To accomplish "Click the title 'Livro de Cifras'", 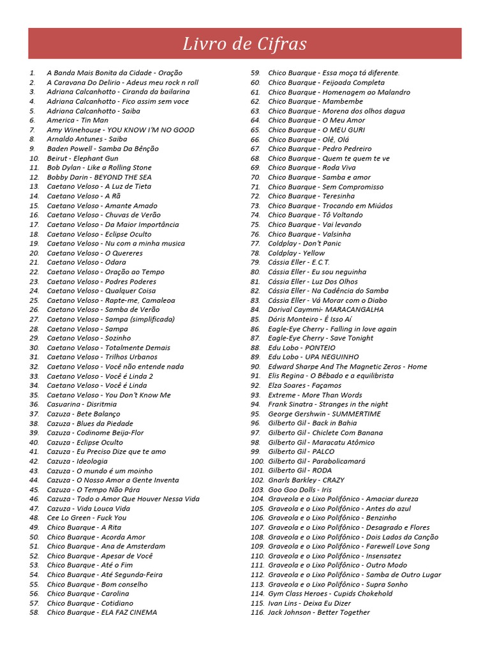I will [x=244, y=44].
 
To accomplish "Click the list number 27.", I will [x=34, y=319].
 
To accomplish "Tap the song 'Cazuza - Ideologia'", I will [x=77, y=461].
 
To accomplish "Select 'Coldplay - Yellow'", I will [x=296, y=253].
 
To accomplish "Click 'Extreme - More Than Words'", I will [x=315, y=395].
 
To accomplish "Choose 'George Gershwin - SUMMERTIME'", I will [x=324, y=414].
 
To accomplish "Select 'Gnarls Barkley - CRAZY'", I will [x=306, y=480].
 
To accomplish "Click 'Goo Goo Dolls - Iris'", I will [x=300, y=490].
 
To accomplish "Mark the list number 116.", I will [x=257, y=612].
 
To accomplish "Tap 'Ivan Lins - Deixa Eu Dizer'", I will [x=309, y=603].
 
